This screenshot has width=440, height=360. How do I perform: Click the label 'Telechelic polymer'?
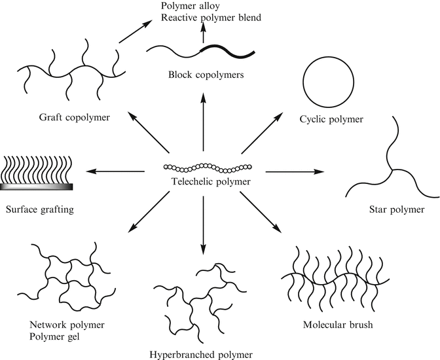coord(204,182)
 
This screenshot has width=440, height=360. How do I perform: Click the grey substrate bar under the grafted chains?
coord(37,187)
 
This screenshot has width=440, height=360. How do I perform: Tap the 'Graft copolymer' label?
coord(74,118)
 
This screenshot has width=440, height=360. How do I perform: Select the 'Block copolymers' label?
coord(205,75)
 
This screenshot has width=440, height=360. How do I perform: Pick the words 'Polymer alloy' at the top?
coord(191,6)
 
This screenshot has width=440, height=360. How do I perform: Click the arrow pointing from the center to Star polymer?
coord(295,171)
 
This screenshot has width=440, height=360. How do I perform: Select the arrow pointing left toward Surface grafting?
coord(115,171)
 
